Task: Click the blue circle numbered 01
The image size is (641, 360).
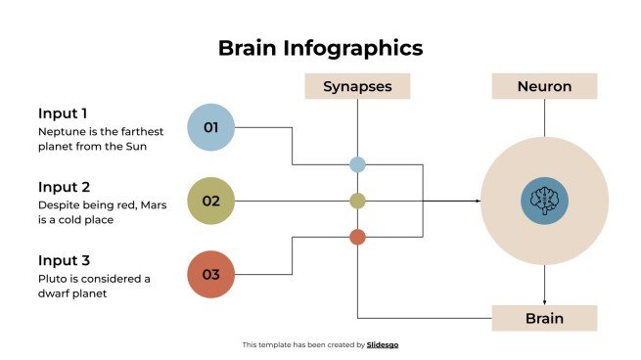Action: pos(210,127)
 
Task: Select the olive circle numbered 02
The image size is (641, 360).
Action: pos(210,201)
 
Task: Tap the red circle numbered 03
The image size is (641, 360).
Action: pos(210,274)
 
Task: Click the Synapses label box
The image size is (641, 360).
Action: pos(357,86)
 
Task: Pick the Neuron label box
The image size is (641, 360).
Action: pos(544,86)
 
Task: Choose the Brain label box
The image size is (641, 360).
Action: pos(544,318)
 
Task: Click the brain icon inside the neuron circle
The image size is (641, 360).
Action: pos(544,201)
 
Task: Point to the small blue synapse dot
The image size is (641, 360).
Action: pos(357,164)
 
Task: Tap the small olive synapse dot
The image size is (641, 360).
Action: pos(357,201)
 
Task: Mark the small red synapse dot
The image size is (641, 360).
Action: pos(357,237)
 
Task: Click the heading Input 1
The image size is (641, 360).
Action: pos(64,112)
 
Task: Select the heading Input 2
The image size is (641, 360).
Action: pos(64,186)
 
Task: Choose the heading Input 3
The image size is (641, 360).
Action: pos(64,260)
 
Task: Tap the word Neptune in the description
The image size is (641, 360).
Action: pos(60,131)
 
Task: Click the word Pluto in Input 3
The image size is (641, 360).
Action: pos(52,278)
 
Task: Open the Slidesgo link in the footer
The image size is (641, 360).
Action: pos(383,344)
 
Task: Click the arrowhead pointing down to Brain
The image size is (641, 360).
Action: pos(544,301)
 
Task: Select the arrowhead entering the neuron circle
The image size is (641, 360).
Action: pos(478,201)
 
